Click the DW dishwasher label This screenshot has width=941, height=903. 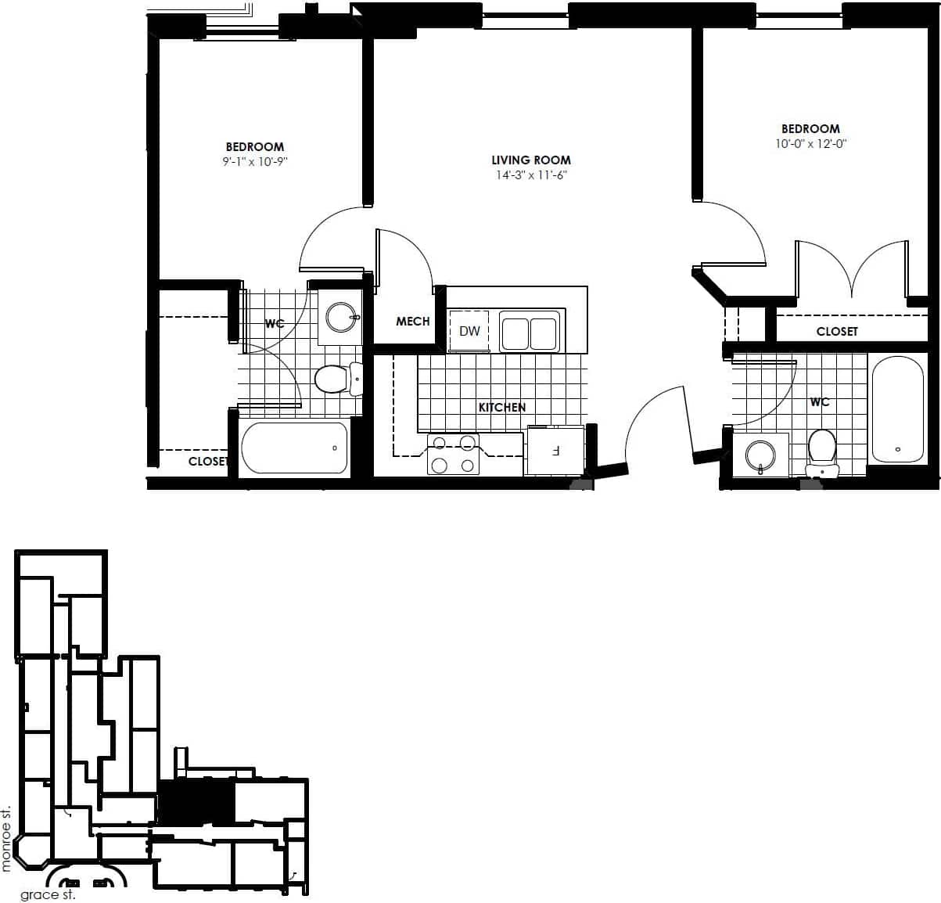coord(469,331)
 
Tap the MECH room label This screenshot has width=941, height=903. coord(412,322)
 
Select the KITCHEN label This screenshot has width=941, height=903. coord(502,408)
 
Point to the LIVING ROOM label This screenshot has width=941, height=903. coord(531,160)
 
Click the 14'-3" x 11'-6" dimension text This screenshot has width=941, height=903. coord(531,175)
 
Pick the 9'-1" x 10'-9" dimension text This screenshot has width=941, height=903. coord(255,162)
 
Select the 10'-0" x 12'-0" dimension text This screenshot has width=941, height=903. coord(811,144)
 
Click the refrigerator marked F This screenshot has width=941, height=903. coord(555,451)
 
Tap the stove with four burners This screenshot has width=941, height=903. coord(454,455)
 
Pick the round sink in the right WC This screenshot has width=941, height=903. coord(760,455)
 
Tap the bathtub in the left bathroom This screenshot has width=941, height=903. coord(294,448)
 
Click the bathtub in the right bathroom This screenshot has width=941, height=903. coord(897,409)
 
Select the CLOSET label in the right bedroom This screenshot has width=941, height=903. coord(837,332)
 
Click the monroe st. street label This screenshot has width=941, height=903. coord(7,838)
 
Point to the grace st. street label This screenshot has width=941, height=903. coord(48,894)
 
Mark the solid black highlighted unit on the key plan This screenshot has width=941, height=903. coord(196,802)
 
